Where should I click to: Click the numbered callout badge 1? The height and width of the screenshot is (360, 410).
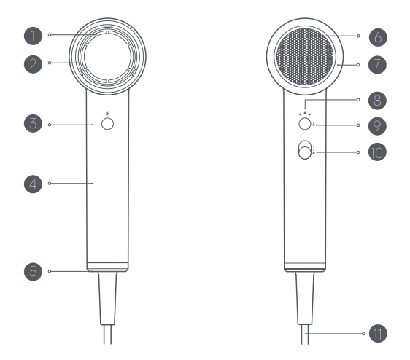pyautogui.click(x=34, y=36)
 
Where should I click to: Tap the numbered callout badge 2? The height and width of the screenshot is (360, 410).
pyautogui.click(x=34, y=64)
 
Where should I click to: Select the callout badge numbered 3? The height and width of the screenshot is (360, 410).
pyautogui.click(x=34, y=123)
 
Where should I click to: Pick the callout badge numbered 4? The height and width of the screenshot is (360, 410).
pyautogui.click(x=34, y=184)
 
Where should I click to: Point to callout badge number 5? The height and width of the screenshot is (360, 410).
pyautogui.click(x=34, y=271)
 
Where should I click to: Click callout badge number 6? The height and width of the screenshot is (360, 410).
pyautogui.click(x=378, y=37)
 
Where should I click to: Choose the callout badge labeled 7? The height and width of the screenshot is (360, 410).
pyautogui.click(x=377, y=65)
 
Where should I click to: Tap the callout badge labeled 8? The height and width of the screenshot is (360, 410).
pyautogui.click(x=377, y=101)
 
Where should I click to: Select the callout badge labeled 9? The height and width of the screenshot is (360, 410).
pyautogui.click(x=377, y=125)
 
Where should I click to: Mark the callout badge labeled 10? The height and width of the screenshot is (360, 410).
pyautogui.click(x=377, y=152)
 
